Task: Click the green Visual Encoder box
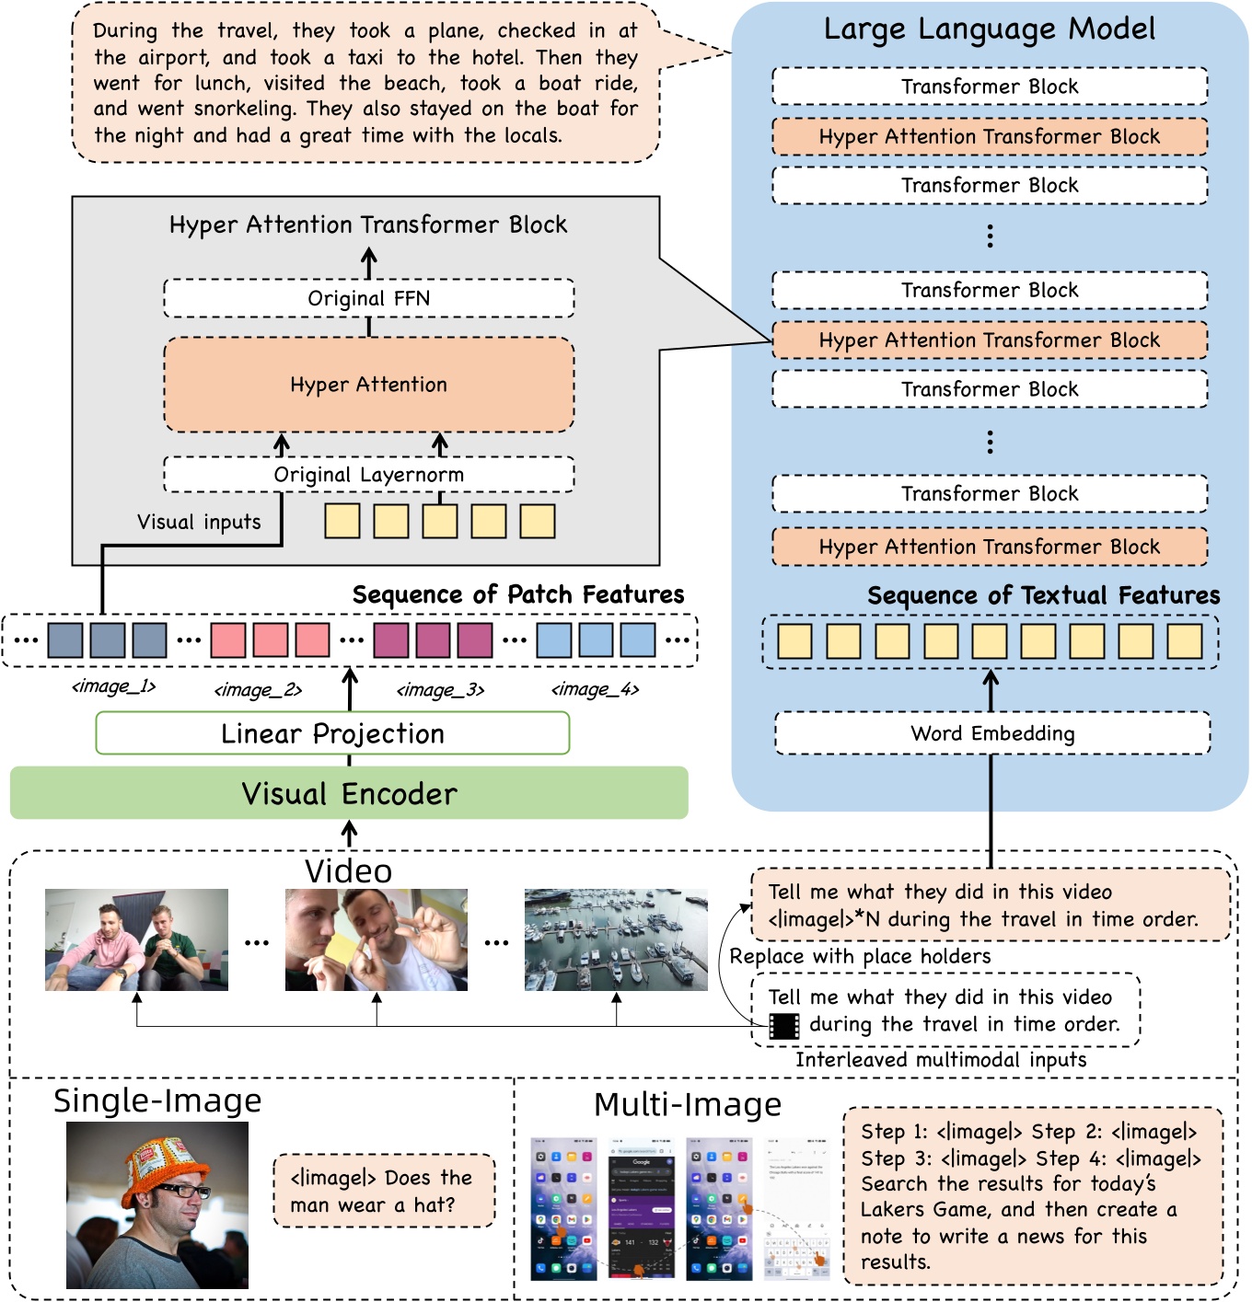point(349,793)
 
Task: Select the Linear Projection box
point(332,733)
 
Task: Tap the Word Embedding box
point(992,733)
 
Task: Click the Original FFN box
point(368,298)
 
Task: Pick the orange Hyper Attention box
point(368,385)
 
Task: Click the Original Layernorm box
point(368,475)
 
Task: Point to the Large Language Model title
point(990,29)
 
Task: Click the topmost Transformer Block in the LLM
point(990,86)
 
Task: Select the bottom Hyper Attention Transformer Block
point(990,547)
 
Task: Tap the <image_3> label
point(440,689)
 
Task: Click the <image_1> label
point(114,686)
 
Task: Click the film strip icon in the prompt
point(784,1025)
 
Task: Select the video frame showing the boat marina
point(616,939)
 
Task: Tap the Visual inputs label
point(199,522)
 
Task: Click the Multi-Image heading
point(688,1104)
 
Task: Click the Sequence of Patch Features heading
point(518,594)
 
